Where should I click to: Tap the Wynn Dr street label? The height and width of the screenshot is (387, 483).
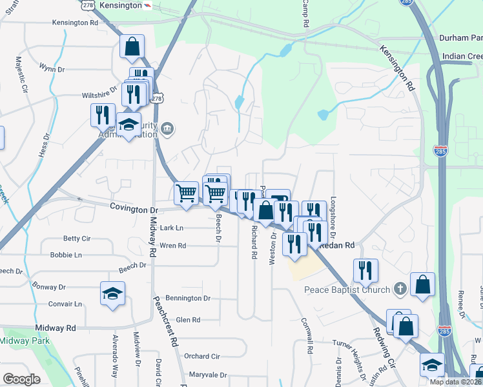pyautogui.click(x=52, y=67)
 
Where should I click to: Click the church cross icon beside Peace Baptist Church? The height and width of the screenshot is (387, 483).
pyautogui.click(x=400, y=288)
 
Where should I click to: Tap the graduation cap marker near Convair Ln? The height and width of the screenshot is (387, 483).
pyautogui.click(x=112, y=293)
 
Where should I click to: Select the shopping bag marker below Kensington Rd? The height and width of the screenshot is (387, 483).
pyautogui.click(x=132, y=46)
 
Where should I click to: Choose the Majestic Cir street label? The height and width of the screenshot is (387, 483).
pyautogui.click(x=19, y=74)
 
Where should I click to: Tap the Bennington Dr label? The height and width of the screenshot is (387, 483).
pyautogui.click(x=189, y=299)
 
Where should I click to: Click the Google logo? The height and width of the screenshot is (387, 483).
pyautogui.click(x=21, y=379)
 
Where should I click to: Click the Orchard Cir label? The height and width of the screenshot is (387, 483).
pyautogui.click(x=201, y=356)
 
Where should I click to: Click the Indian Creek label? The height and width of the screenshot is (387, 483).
pyautogui.click(x=462, y=57)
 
